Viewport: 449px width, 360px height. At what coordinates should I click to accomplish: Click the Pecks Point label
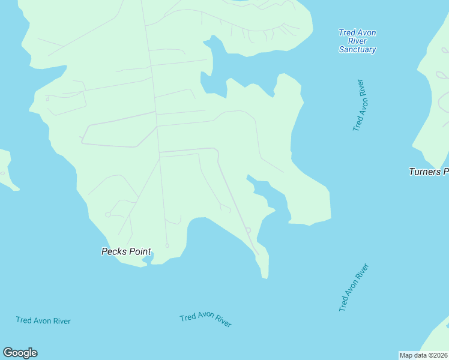pos(126,252)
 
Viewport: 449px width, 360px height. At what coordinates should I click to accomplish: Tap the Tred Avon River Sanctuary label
pos(357,41)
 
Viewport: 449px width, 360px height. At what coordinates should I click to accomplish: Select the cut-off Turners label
pos(429,172)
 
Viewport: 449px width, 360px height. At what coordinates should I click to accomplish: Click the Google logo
pos(20,353)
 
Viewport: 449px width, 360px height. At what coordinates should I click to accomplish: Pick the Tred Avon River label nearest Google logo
pos(43,321)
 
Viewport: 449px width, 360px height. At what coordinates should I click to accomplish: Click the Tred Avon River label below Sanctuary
pos(359,105)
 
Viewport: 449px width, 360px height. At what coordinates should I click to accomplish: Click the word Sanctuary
pos(357,50)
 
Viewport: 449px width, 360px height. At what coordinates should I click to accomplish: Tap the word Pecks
pos(113,252)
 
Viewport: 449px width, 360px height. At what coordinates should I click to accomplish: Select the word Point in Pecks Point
pos(139,252)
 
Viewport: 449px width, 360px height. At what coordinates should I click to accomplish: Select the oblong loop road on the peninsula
pos(117,135)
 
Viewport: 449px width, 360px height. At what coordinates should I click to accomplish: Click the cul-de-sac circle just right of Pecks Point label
pos(167,245)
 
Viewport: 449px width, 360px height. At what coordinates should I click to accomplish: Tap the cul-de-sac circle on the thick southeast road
pos(247,229)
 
